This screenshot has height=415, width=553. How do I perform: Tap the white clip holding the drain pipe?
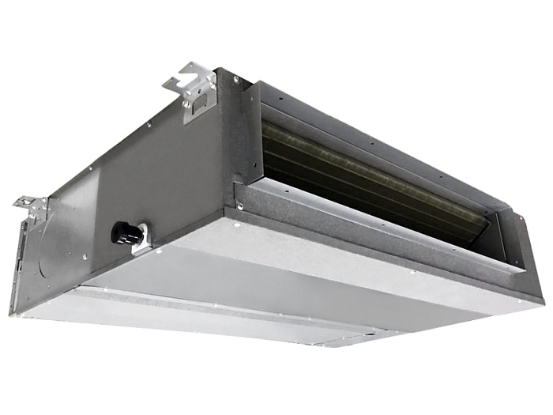[x=141, y=241]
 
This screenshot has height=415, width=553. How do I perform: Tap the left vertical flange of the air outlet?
[x=251, y=134]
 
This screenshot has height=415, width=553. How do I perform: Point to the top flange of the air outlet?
[x=379, y=115]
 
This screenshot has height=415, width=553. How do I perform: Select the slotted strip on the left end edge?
[x=24, y=261]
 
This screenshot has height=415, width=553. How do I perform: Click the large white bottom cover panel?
[x=261, y=285]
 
